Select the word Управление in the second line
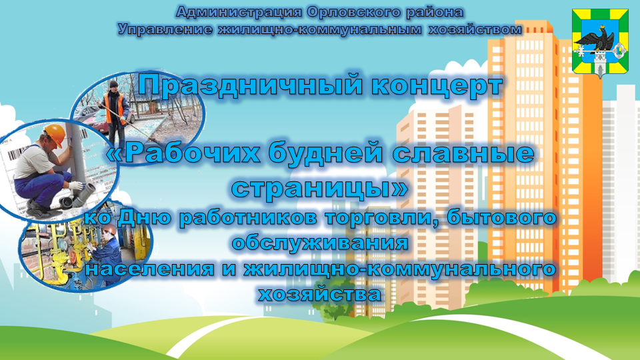click(165, 29)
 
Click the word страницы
click(319, 188)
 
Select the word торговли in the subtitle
click(382, 217)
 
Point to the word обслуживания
click(320, 243)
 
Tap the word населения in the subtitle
click(149, 269)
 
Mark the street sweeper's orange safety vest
click(115, 107)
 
